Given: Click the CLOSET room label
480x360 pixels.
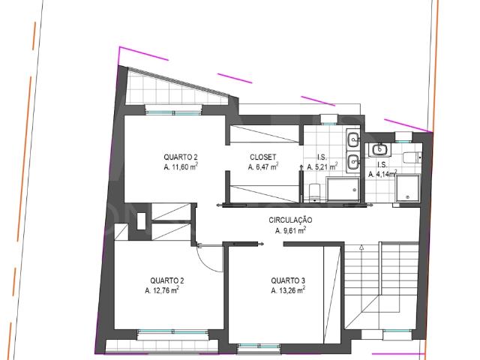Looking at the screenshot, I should [263, 157].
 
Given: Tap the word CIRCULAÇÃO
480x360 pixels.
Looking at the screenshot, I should [291, 220].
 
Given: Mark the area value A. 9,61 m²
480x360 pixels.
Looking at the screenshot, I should [291, 231].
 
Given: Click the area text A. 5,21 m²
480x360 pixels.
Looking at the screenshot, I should [322, 169].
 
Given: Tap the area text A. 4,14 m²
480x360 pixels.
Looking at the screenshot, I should [382, 174].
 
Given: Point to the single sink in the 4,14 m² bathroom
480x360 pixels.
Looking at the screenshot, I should [379, 149].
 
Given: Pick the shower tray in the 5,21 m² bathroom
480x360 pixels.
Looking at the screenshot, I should [344, 190].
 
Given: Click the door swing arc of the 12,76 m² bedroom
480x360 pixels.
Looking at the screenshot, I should [212, 255].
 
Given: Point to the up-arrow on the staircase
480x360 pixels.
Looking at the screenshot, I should [361, 247].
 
